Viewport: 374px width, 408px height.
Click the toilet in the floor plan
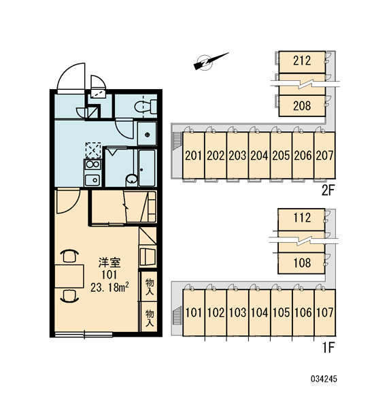(146, 107)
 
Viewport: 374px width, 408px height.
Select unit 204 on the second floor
(259, 155)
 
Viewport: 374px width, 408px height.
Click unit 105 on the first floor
(282, 312)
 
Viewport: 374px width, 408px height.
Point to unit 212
(302, 62)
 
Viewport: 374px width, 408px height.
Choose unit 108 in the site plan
(302, 262)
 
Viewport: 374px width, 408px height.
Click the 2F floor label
(328, 190)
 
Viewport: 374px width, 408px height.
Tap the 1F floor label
(328, 347)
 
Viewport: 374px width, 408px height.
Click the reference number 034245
(324, 379)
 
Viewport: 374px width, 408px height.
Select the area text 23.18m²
(109, 287)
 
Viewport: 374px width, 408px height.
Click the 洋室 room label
(109, 262)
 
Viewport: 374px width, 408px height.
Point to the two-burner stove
(92, 165)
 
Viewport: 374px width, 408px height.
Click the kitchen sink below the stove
(92, 180)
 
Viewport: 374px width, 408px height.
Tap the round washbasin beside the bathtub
(132, 180)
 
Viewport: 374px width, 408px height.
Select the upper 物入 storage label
(150, 286)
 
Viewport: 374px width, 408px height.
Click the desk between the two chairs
(69, 276)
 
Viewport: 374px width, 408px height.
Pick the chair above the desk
(69, 256)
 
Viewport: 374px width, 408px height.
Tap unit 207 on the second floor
(325, 155)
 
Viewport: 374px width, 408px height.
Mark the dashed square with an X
(93, 150)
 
